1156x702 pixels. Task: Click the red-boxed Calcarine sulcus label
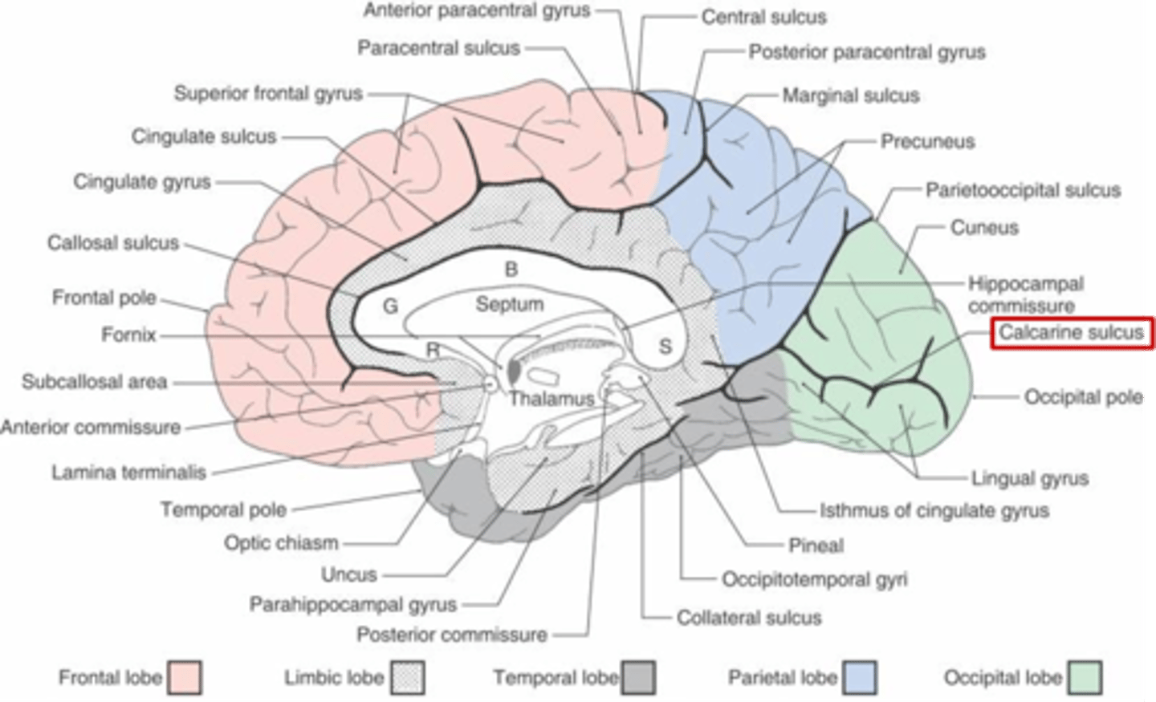pos(1071,333)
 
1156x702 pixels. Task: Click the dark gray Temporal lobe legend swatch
pos(638,677)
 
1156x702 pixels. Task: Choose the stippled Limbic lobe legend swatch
pos(408,677)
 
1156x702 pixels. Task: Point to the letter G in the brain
pos(390,306)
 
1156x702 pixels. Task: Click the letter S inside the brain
pos(665,347)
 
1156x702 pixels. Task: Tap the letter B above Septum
pos(511,270)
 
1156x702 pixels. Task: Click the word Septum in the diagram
pos(509,304)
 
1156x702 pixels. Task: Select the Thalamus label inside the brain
pos(552,398)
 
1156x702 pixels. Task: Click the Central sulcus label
pos(763,17)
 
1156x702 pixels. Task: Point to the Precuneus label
pos(927,142)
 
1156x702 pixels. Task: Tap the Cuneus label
pos(984,228)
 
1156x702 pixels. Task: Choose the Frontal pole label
pos(104,298)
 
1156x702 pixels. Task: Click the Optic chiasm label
pos(281,543)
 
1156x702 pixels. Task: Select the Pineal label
pos(816,546)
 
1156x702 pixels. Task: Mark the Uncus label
pos(349,574)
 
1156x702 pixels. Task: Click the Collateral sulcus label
pos(749,618)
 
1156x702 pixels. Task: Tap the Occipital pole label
pos(1083,397)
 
